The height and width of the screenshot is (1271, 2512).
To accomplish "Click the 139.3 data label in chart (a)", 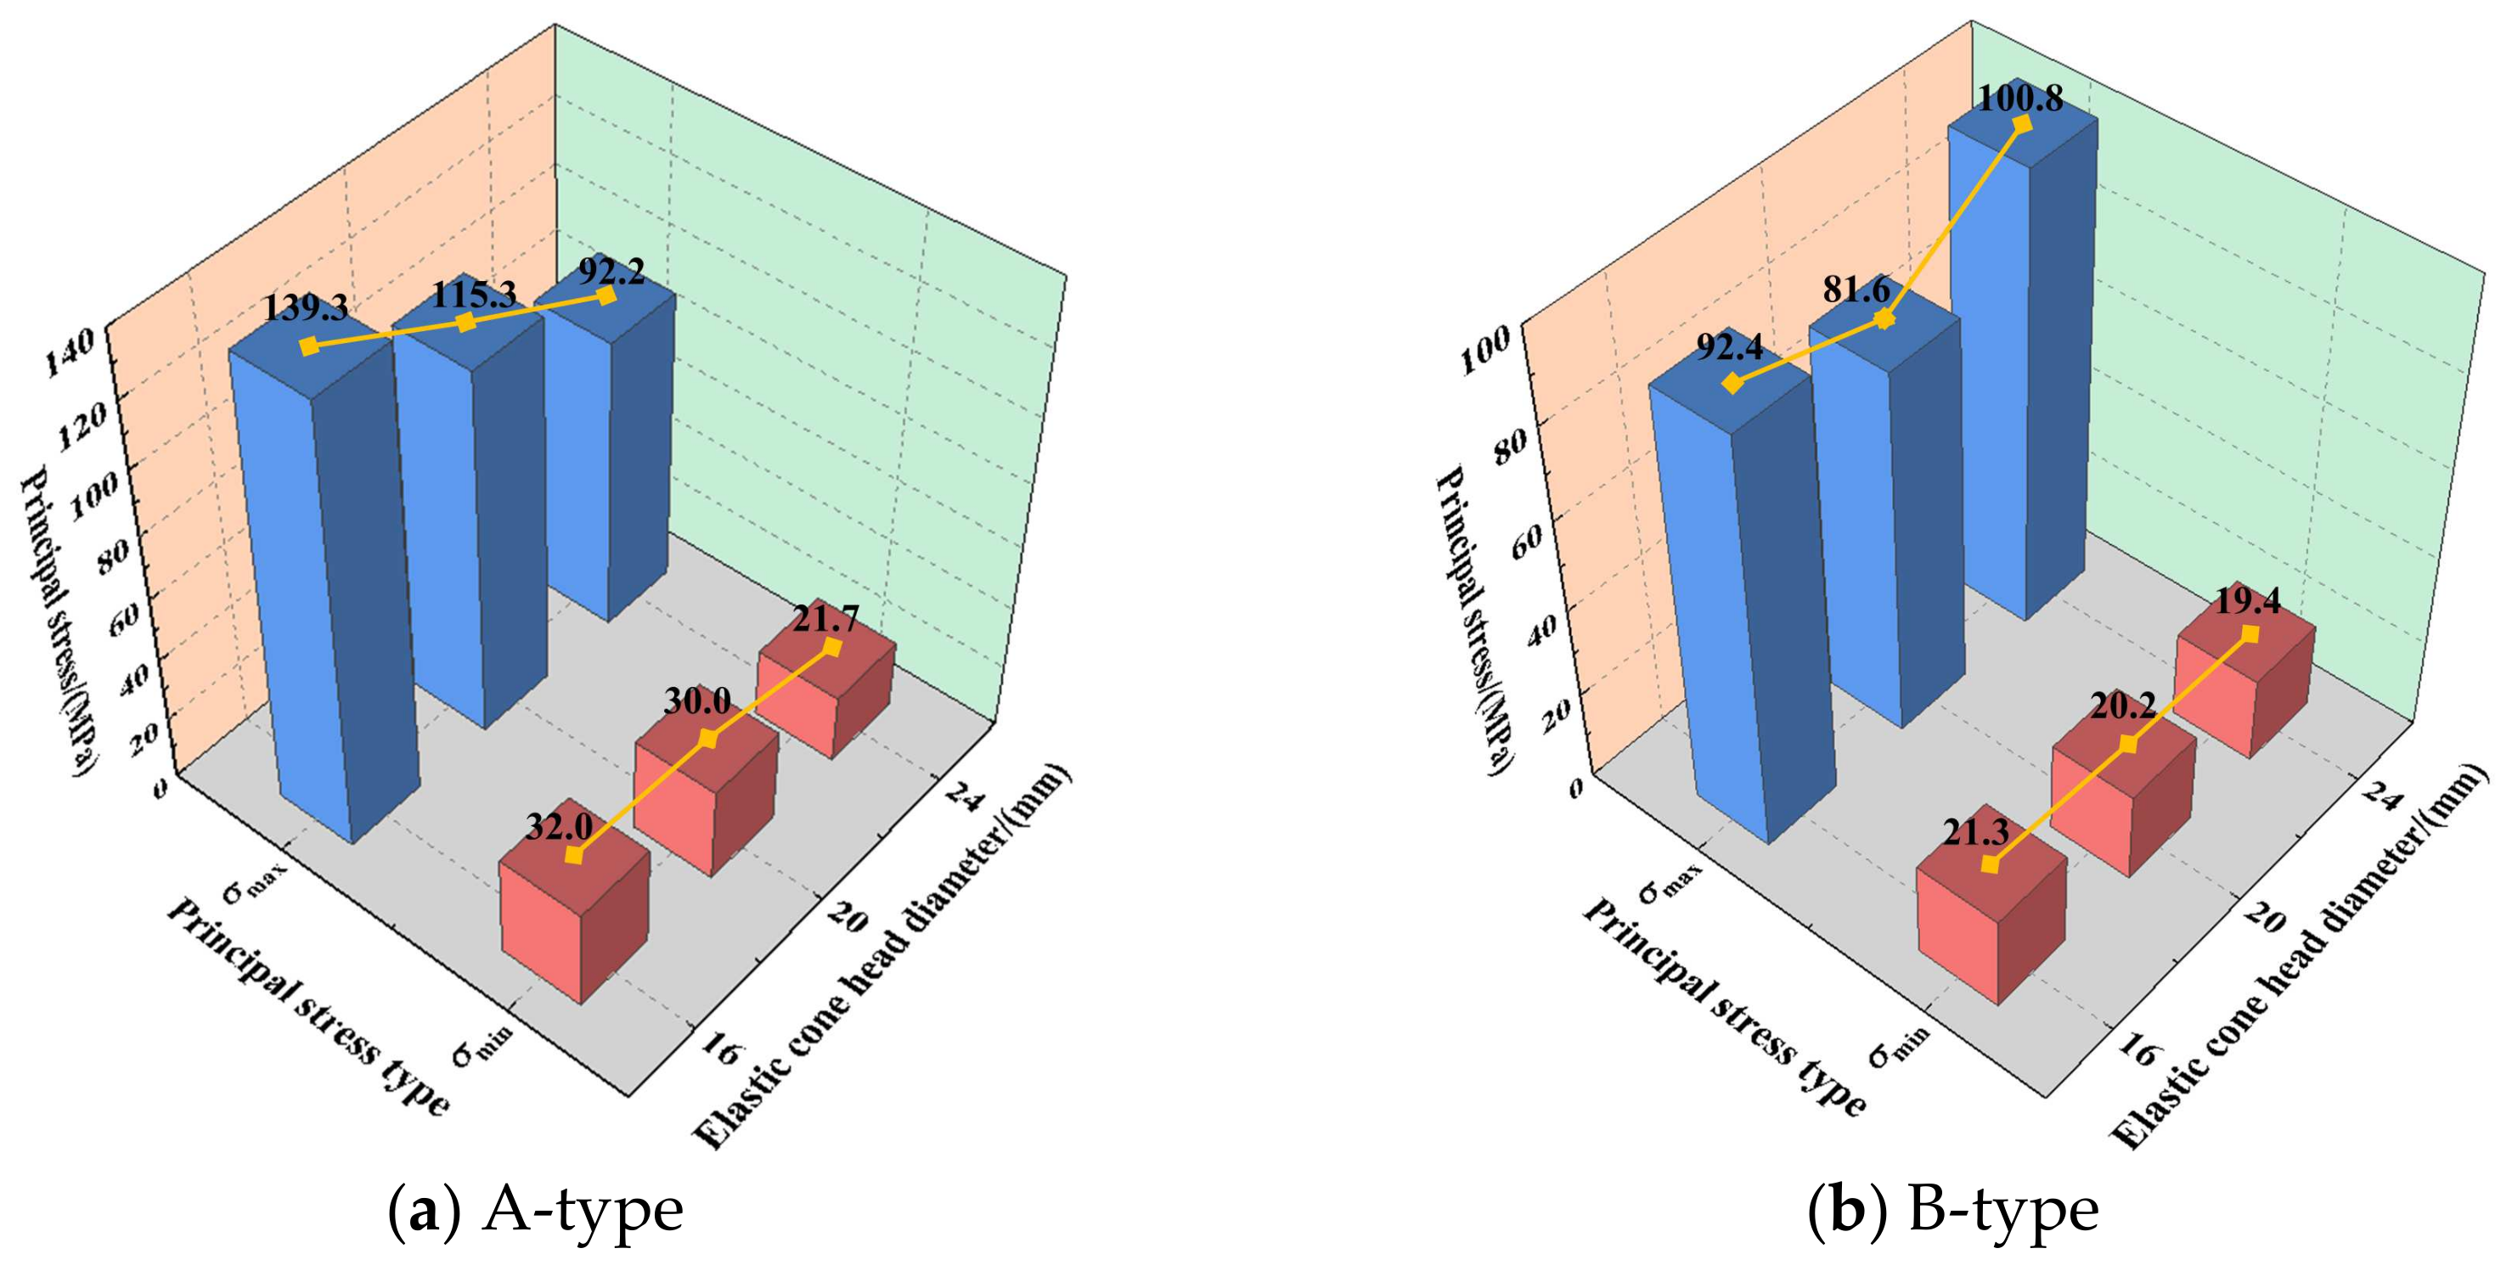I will (305, 308).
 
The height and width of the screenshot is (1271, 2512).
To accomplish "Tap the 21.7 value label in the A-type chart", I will (825, 619).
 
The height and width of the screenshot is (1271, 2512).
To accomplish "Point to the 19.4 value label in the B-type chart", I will (2247, 601).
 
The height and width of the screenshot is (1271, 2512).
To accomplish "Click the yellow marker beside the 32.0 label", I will (573, 855).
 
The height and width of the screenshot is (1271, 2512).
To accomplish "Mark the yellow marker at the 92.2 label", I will (606, 295).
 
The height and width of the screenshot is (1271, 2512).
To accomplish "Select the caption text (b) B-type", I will (1953, 1212).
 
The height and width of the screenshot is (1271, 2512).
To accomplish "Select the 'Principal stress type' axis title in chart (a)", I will (309, 1009).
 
